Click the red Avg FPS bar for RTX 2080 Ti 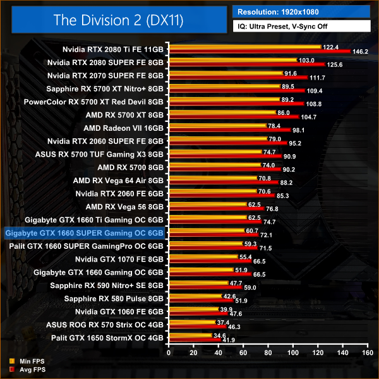[x=252, y=51]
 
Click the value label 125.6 [x=334, y=64]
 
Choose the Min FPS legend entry [x=23, y=361]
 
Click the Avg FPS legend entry [x=23, y=369]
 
